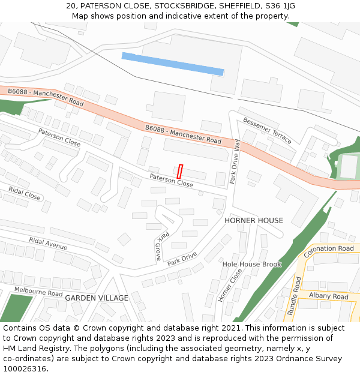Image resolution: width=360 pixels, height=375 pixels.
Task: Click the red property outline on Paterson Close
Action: pos(180,170)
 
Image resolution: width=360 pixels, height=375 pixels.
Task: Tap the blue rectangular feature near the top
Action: pos(173,64)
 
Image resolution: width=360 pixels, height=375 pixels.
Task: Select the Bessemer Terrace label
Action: pos(267,131)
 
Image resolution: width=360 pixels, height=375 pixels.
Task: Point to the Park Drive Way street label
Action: pos(236,161)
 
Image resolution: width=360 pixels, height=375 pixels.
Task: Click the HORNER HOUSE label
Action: pos(254,220)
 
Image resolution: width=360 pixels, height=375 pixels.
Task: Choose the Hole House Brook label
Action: pos(252,264)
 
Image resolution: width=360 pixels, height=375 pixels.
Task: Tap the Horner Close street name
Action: pos(230,284)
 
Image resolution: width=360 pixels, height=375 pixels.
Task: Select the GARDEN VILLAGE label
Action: pos(97,298)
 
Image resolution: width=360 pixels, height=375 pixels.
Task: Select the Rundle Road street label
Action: pos(294,295)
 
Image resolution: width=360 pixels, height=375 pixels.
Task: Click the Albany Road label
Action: pos(328,296)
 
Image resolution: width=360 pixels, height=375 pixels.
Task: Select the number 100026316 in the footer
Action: pos(24,369)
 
